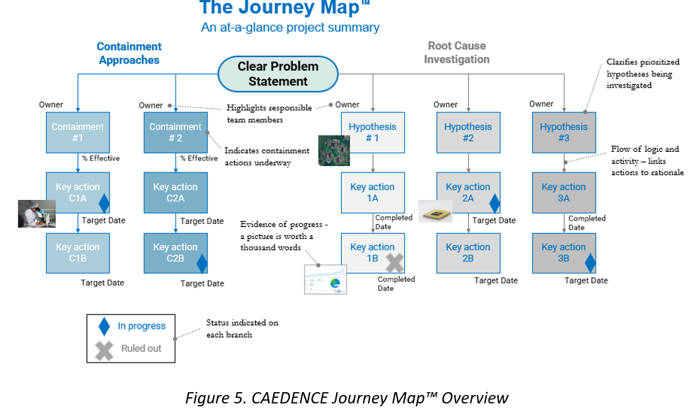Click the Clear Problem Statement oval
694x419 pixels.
(278, 73)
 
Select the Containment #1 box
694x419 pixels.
(78, 132)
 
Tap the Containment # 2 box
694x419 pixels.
(175, 132)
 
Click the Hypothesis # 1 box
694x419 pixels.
(372, 132)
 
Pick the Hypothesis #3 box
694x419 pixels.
(564, 132)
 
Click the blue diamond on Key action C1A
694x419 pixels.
(104, 203)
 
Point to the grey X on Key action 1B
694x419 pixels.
(395, 263)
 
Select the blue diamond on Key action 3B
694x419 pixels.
(590, 263)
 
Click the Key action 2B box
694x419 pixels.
(468, 253)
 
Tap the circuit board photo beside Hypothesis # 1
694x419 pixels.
(334, 151)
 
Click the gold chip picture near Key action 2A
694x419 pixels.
(435, 211)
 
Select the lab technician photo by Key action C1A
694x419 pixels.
(37, 213)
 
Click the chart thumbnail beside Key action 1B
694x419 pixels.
(325, 280)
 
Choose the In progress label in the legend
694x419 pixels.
(141, 326)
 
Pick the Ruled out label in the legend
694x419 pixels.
(141, 348)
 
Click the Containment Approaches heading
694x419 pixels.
(129, 53)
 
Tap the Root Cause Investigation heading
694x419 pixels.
(456, 52)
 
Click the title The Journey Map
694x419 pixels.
(284, 8)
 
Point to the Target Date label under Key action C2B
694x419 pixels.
(202, 283)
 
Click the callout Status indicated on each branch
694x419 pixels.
(242, 329)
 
